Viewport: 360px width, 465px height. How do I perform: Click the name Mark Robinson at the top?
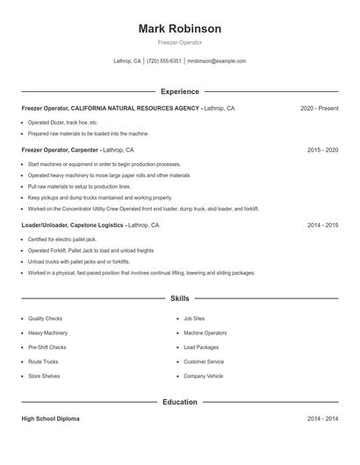tap(179, 28)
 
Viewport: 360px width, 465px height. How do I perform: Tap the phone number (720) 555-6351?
tap(163, 61)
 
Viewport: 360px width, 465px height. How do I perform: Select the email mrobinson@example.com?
tap(217, 61)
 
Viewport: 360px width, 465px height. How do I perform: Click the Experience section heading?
tap(179, 91)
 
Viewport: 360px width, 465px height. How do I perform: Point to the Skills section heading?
tap(179, 298)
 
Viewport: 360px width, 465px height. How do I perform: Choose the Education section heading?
tap(179, 402)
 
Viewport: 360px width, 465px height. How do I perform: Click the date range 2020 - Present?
tap(319, 108)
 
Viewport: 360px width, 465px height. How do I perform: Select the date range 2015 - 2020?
tap(322, 150)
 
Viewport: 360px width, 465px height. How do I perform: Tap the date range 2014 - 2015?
tap(322, 225)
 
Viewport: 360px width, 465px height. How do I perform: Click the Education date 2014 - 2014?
tap(322, 418)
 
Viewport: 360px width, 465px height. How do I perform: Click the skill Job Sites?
tap(194, 319)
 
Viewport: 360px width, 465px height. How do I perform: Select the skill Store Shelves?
tap(44, 376)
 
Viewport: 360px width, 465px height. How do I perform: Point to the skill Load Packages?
tap(201, 347)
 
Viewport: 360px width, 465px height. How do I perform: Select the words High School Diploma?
tap(50, 418)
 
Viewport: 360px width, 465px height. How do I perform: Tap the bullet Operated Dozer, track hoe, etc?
tap(62, 122)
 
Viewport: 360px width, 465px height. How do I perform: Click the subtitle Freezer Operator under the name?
tap(179, 42)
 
